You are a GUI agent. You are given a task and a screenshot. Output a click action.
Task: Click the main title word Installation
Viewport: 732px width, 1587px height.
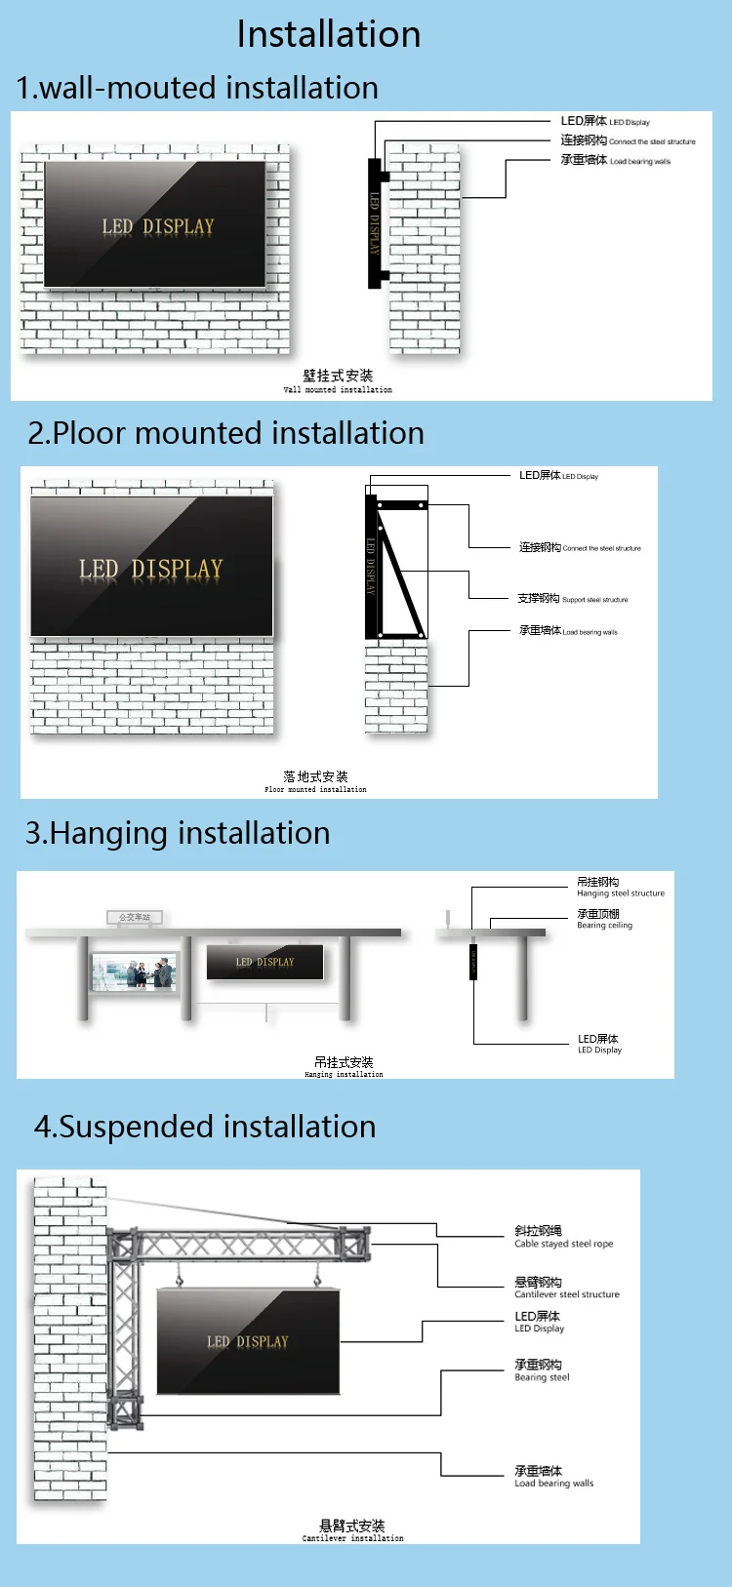[329, 35]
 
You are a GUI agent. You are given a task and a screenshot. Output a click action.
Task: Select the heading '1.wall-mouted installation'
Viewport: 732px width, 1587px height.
[197, 88]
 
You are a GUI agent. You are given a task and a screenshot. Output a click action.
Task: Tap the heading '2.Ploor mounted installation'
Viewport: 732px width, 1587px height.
[226, 433]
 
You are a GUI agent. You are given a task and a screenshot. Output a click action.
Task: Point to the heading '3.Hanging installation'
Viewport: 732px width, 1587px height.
[178, 833]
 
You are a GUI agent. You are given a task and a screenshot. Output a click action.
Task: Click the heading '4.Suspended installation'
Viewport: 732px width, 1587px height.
[205, 1127]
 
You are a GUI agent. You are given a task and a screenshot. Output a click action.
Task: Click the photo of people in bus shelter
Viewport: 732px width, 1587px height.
[134, 972]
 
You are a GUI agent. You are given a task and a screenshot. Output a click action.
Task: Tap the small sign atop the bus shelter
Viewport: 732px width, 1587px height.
[135, 917]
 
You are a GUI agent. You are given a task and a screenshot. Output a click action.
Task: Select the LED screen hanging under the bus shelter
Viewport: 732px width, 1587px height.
[264, 963]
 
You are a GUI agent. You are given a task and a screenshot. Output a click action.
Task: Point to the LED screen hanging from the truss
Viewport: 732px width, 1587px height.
[248, 1341]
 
